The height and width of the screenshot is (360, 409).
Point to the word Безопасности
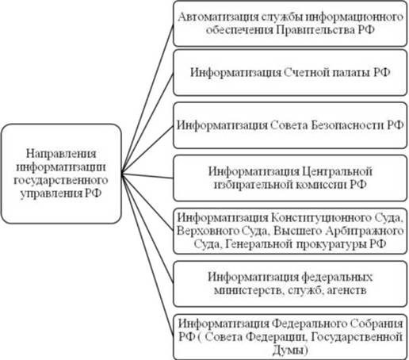click(x=347, y=125)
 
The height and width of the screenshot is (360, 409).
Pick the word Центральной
click(x=337, y=171)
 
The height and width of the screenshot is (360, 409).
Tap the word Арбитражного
click(x=365, y=231)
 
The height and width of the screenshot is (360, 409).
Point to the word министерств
click(x=250, y=290)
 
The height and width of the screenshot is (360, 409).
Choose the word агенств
click(x=346, y=290)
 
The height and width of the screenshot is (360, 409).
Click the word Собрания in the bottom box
click(x=377, y=324)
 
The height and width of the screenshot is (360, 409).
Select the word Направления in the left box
click(x=61, y=154)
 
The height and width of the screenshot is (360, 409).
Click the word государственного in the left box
click(x=61, y=181)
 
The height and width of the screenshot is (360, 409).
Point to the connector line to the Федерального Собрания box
click(x=147, y=255)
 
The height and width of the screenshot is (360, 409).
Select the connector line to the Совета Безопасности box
click(x=147, y=149)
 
